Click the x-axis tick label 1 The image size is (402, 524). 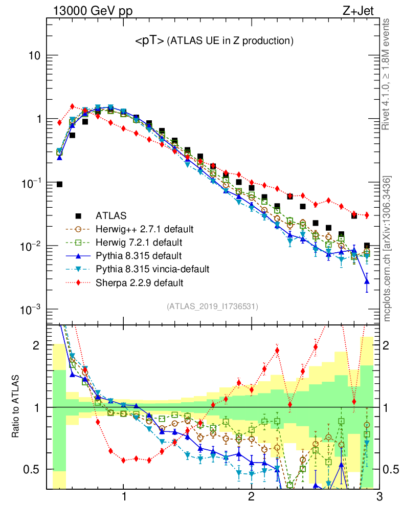(124, 497)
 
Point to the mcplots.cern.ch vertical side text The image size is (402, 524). (387, 249)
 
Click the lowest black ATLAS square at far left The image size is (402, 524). (59, 184)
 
